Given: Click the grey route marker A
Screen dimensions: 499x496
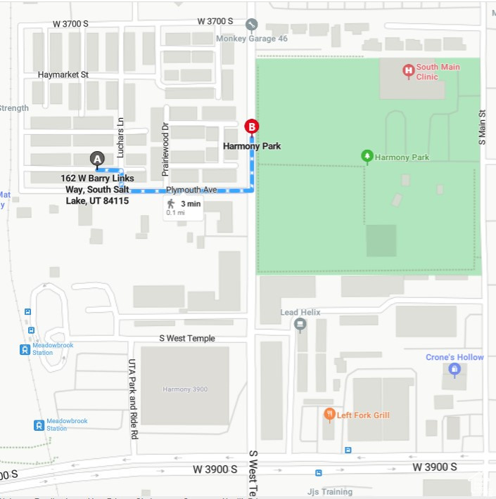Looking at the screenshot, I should click(x=98, y=159).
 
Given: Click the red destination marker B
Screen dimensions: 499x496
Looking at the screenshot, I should click(x=251, y=127).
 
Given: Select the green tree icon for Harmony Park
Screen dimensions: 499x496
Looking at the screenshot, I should click(x=367, y=156).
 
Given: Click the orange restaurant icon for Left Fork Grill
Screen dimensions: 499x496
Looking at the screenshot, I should click(x=329, y=415).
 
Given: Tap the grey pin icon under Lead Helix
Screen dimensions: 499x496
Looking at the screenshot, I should click(x=300, y=325).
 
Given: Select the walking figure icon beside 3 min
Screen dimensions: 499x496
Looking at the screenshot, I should click(x=171, y=204).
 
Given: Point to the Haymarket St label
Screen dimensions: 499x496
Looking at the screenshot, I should click(x=63, y=74).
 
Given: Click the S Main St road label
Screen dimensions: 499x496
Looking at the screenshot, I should click(x=483, y=127).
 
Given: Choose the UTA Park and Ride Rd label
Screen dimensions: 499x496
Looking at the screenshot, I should click(x=132, y=399).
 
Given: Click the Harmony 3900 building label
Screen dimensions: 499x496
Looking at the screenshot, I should click(x=186, y=389).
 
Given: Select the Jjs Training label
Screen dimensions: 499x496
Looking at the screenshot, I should click(x=330, y=491).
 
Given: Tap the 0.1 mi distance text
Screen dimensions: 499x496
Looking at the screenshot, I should click(x=176, y=212).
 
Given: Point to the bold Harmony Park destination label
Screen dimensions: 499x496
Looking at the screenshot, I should click(x=252, y=146).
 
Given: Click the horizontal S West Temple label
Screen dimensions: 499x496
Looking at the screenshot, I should click(x=186, y=339).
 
